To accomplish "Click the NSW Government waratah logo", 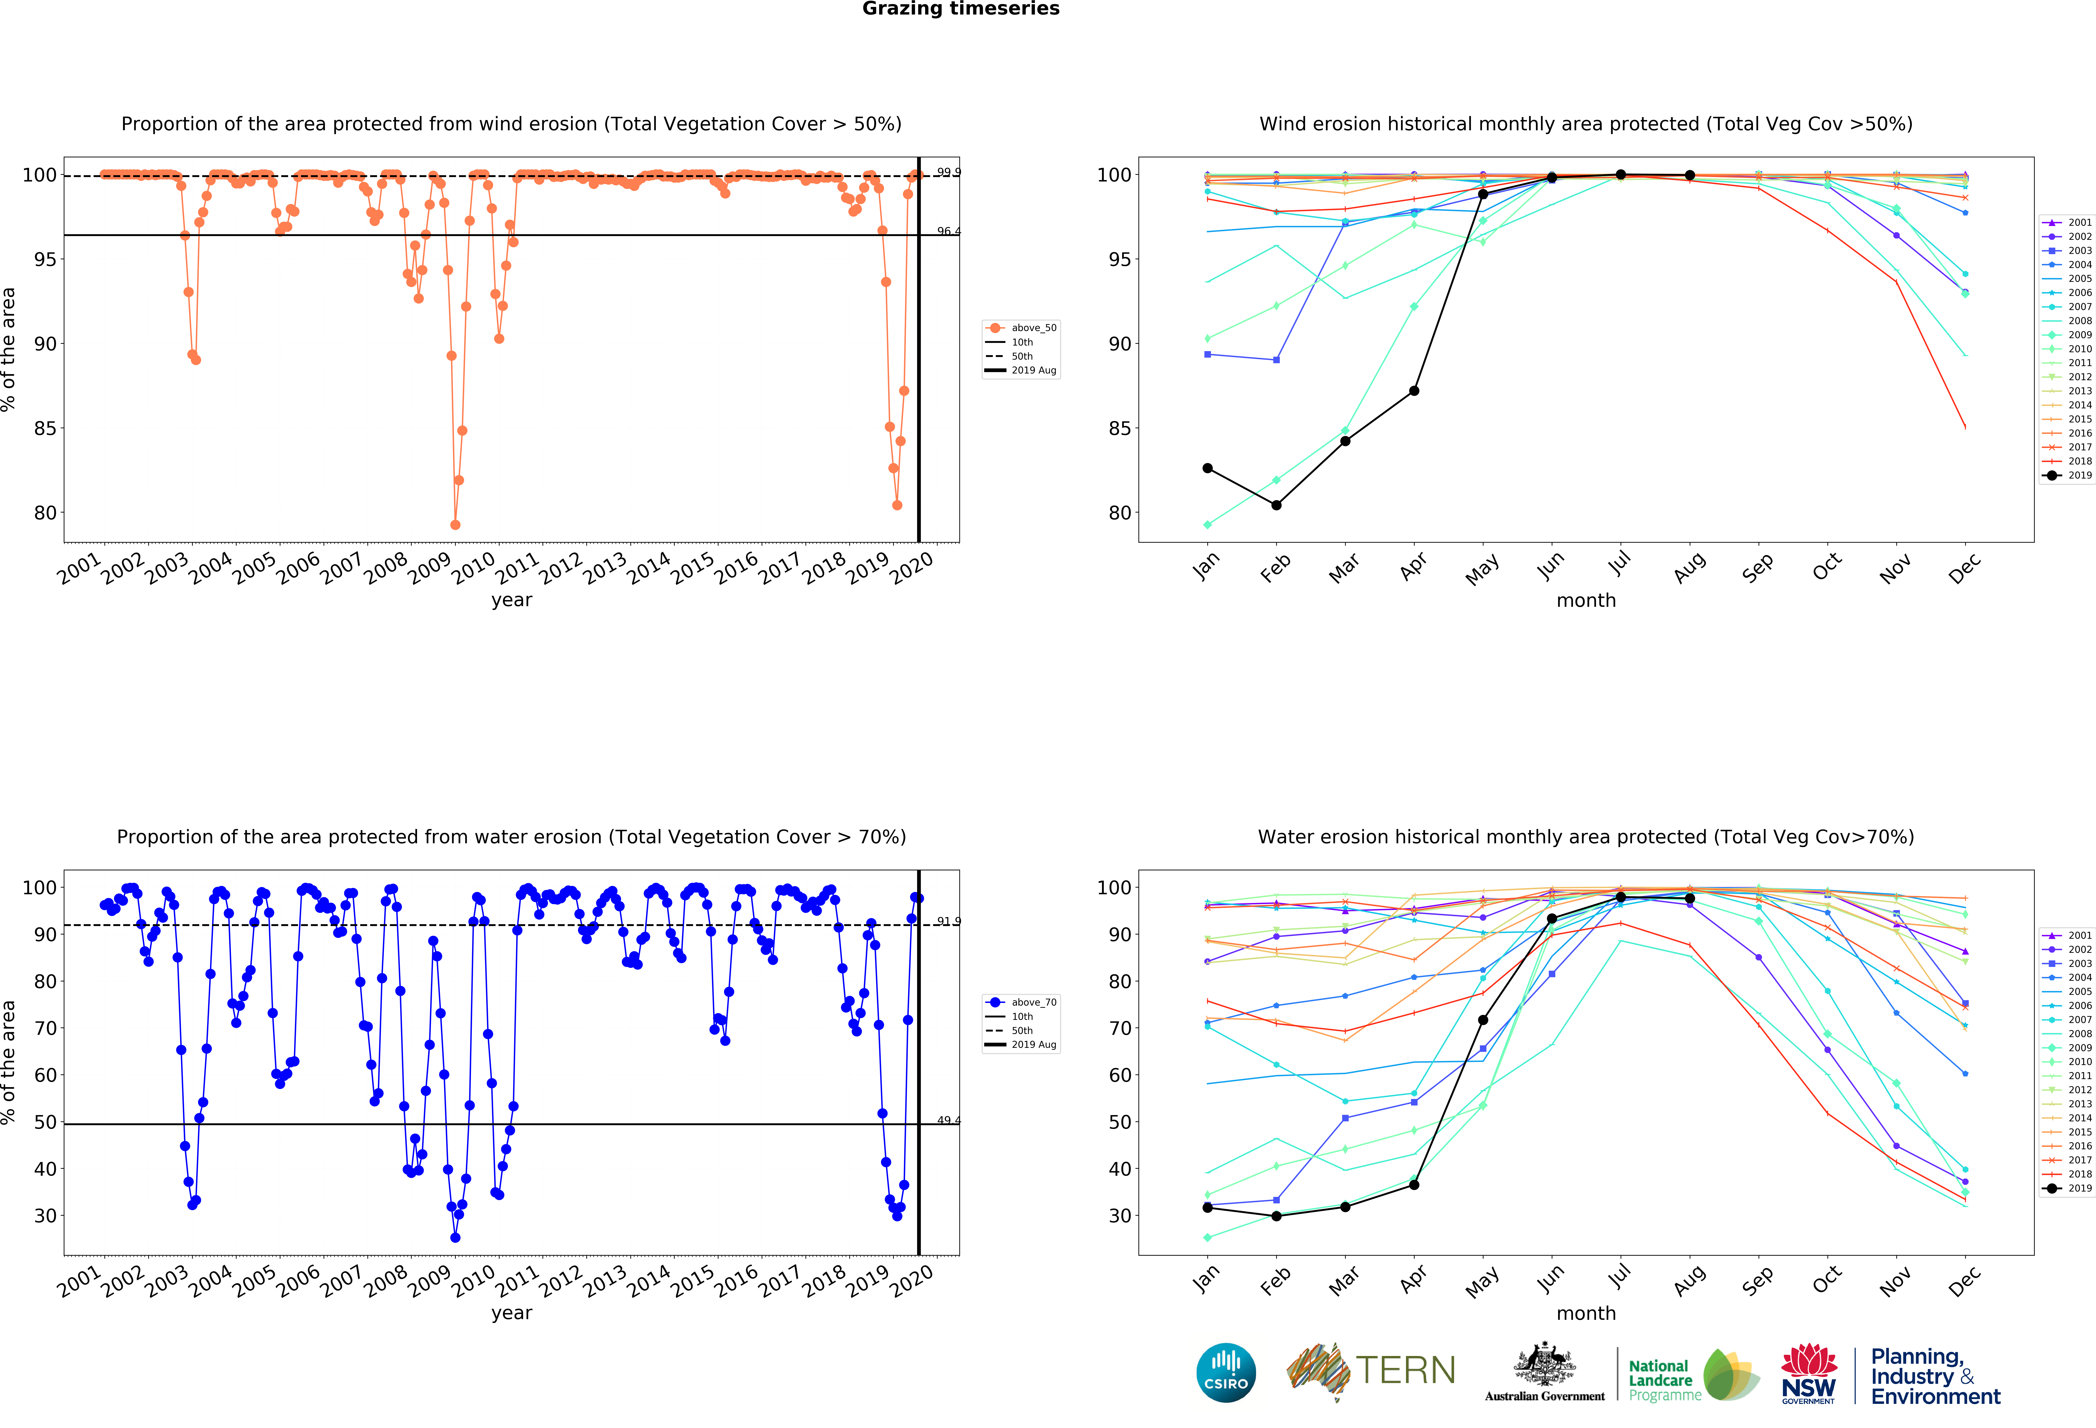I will [x=1808, y=1372].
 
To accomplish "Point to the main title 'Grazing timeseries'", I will [x=960, y=9].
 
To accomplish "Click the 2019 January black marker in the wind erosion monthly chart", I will [x=1208, y=468].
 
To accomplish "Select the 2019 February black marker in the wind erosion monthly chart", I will [x=1276, y=505].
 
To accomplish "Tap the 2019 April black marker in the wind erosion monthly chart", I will [x=1414, y=390].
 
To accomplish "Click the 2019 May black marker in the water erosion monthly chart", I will [x=1483, y=1020].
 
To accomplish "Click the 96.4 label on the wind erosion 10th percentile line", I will [x=948, y=232].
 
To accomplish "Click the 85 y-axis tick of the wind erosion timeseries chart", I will [x=45, y=428].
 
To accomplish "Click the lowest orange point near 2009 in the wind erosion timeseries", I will [x=456, y=525].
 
